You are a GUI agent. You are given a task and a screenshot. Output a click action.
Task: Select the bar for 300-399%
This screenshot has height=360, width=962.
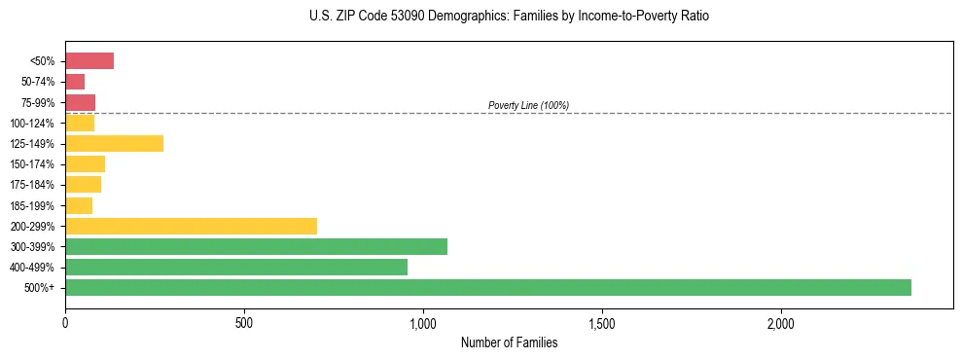256,246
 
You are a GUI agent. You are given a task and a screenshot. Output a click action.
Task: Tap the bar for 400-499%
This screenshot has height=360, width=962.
236,267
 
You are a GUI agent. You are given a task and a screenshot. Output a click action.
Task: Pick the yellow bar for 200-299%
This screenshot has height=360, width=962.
191,226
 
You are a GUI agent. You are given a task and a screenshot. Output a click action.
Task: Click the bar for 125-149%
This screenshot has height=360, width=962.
114,143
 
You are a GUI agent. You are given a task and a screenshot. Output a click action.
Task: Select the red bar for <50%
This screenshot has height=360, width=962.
89,61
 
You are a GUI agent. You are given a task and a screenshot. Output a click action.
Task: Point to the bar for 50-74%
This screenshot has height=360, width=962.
75,82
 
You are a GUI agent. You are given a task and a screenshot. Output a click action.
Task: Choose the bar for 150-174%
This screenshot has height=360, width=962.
85,163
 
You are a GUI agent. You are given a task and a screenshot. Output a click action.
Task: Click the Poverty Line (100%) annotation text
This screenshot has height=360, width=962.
528,105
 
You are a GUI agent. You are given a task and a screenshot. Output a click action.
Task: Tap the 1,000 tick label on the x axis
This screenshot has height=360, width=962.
423,322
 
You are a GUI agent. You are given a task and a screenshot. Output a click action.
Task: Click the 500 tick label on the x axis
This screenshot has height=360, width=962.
244,322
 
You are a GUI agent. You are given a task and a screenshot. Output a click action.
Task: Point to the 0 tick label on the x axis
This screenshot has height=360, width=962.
65,322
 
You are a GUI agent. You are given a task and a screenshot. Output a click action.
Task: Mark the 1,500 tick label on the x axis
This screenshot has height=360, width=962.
602,322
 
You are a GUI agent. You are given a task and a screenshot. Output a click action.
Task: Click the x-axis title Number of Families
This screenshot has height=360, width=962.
509,342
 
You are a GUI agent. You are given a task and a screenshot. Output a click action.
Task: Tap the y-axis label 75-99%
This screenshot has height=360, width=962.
38,102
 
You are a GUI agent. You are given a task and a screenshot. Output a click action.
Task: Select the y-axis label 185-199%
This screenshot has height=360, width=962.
36,205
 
